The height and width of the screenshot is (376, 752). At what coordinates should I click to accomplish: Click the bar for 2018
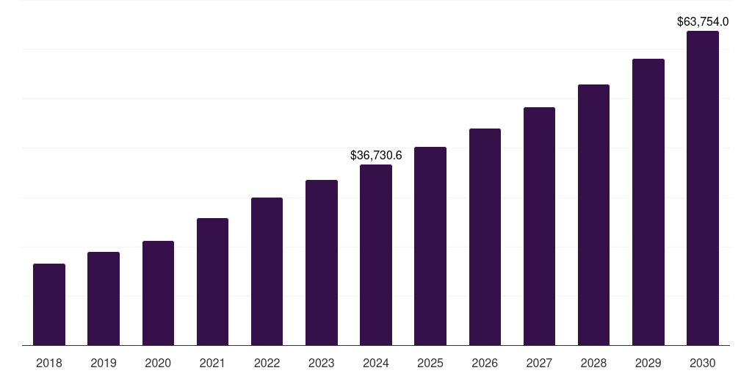(x=49, y=305)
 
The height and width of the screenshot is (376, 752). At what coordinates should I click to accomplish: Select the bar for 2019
(x=104, y=299)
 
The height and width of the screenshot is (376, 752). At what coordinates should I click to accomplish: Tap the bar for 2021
(x=212, y=282)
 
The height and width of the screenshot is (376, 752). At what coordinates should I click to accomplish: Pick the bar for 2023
(x=322, y=263)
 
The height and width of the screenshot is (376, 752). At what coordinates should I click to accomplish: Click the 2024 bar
(x=376, y=255)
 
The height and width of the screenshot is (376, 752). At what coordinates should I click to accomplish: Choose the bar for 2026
(x=485, y=237)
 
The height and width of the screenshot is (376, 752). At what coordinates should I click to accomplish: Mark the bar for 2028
(x=593, y=215)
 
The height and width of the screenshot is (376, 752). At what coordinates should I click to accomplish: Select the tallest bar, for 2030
(x=703, y=188)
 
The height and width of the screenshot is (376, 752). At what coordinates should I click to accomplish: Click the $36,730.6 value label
(x=376, y=156)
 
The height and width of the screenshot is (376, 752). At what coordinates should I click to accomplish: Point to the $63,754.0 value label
(x=703, y=22)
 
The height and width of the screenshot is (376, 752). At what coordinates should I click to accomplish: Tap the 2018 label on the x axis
(x=49, y=363)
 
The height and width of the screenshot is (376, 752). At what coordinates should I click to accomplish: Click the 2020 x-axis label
(x=158, y=363)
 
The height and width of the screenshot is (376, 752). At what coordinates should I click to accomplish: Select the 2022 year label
(x=267, y=363)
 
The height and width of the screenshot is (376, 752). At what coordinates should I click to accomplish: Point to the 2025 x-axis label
(x=430, y=363)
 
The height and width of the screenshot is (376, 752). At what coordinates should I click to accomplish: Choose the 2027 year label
(x=539, y=363)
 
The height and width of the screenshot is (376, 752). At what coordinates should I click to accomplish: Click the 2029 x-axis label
(x=648, y=363)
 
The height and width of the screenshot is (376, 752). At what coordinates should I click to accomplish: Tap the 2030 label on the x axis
(x=703, y=363)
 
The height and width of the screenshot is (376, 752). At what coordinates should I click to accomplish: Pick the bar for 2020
(x=158, y=293)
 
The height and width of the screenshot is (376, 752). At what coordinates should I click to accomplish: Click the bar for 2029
(x=648, y=202)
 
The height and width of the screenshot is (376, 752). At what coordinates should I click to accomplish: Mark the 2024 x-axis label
(x=376, y=363)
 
